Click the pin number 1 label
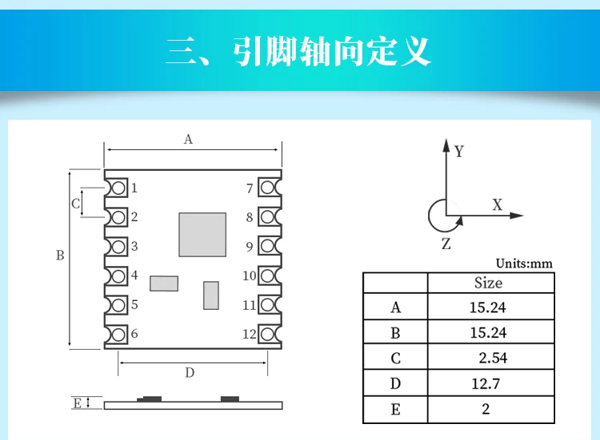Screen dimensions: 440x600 tap(134, 188)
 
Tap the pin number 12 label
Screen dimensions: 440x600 tap(249, 334)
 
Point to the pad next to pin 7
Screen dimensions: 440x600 tap(268, 188)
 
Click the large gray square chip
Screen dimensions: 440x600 tap(202, 234)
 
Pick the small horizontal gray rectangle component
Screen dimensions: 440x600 tap(164, 283)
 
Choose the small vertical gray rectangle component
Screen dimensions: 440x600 tap(211, 295)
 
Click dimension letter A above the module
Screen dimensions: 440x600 tap(189, 139)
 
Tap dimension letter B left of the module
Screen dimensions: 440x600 tap(60, 256)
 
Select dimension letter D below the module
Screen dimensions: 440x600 tap(190, 372)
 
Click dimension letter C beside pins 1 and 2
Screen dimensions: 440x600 tap(76, 204)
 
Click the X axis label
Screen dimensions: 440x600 tap(497, 205)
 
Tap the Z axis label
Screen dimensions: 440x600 tap(446, 244)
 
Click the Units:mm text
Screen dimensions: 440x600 tap(524, 264)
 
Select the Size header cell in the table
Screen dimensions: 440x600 tap(489, 283)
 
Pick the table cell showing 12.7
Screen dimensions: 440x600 tap(486, 383)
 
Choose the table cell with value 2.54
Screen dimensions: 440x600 tap(492, 358)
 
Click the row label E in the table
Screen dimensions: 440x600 tap(395, 410)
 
